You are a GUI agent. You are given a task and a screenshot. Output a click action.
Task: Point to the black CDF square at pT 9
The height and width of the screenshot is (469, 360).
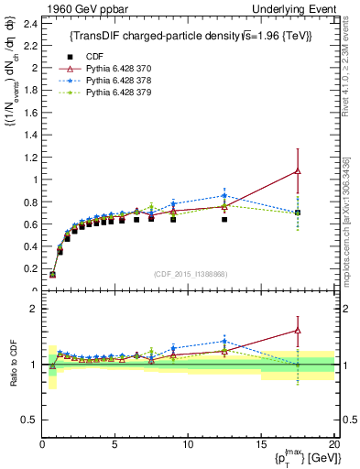(x=173, y=220)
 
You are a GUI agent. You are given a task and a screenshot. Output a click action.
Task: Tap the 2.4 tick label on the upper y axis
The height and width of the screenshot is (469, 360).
(x=29, y=23)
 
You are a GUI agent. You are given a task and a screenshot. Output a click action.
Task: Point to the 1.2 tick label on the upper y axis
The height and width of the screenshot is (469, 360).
(x=29, y=157)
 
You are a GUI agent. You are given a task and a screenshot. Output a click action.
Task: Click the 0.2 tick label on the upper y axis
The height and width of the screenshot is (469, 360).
(x=29, y=268)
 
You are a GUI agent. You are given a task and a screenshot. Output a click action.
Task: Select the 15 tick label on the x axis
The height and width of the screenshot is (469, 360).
(x=260, y=445)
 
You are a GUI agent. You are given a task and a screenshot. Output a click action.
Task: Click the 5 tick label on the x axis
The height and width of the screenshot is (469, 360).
(x=115, y=445)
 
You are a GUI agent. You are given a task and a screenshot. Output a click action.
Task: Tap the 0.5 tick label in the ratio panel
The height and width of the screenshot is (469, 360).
(x=29, y=420)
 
